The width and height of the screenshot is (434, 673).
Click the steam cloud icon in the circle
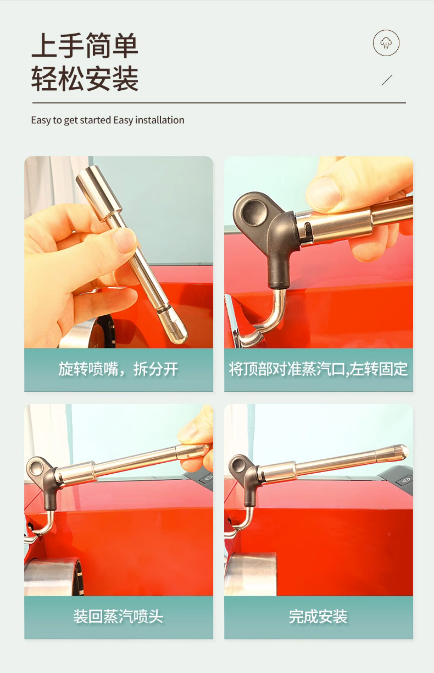tap(386, 43)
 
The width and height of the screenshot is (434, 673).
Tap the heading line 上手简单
tap(85, 45)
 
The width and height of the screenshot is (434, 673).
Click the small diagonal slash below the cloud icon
tap(387, 80)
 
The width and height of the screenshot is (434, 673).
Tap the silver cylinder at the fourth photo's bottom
tap(251, 574)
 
